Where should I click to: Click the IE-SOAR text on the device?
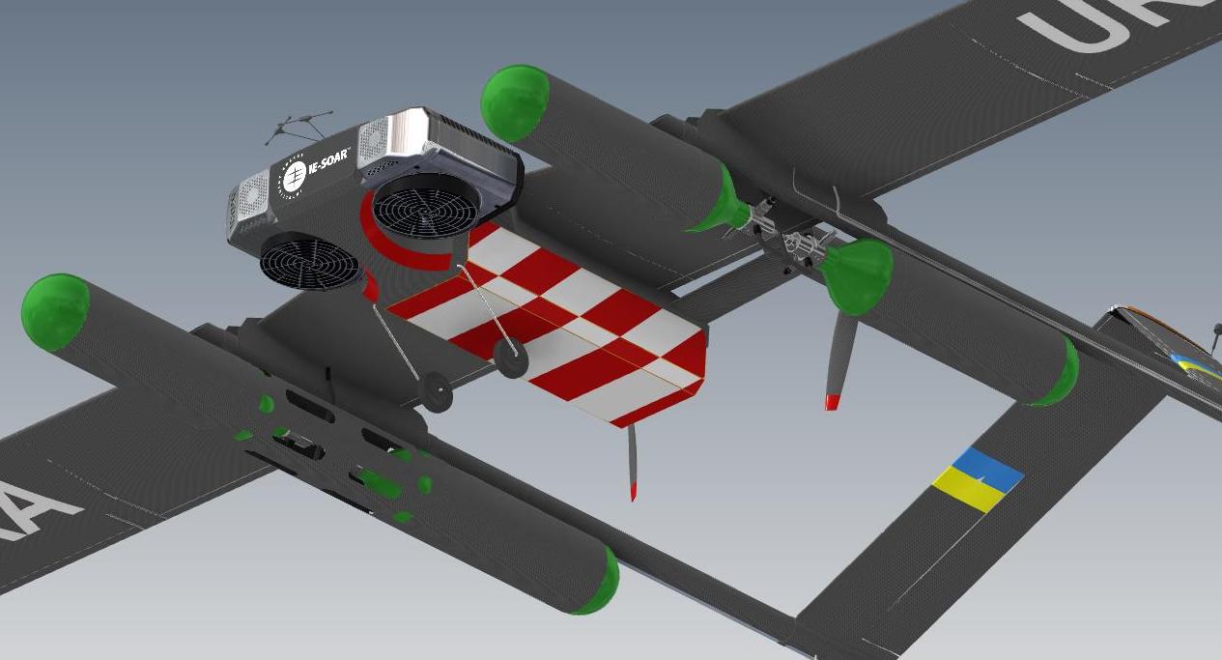pyautogui.click(x=327, y=167)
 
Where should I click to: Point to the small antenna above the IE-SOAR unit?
pyautogui.click(x=299, y=125)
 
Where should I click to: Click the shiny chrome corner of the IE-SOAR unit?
pyautogui.click(x=407, y=130)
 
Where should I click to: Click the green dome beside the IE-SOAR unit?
pyautogui.click(x=515, y=101)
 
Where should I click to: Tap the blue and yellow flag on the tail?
pyautogui.click(x=977, y=479)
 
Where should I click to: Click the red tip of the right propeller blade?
pyautogui.click(x=832, y=401)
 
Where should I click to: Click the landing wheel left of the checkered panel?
pyautogui.click(x=437, y=393)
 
